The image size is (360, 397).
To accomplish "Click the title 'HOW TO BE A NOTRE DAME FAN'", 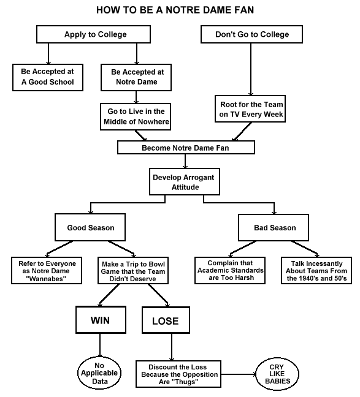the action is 175,10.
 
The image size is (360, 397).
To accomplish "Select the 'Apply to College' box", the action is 93,34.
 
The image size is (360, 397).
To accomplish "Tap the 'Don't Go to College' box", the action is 251,34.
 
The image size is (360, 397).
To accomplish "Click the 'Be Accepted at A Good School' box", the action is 48,77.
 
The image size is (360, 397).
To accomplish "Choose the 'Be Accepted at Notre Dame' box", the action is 136,77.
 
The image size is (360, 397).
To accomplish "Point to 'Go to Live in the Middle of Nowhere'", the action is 136,116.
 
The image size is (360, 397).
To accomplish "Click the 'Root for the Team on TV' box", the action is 250,109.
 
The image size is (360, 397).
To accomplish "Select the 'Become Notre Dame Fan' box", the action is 186,148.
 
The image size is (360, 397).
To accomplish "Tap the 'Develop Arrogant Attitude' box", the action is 185,181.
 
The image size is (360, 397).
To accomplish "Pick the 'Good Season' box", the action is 90,227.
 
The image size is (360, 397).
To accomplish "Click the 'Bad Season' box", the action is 274,227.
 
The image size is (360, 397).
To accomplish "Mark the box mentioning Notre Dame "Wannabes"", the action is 47,270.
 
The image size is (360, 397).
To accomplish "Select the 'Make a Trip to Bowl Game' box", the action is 133,270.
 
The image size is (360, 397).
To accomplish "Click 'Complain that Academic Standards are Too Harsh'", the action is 230,270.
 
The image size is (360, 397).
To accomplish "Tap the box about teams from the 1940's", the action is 316,270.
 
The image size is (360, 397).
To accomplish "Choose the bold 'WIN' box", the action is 101,320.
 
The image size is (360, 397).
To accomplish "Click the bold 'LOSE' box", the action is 166,320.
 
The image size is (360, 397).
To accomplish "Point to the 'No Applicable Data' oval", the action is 99,374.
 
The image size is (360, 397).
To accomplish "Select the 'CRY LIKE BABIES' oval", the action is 277,374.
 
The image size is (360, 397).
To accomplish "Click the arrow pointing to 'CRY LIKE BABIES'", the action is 239,374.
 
